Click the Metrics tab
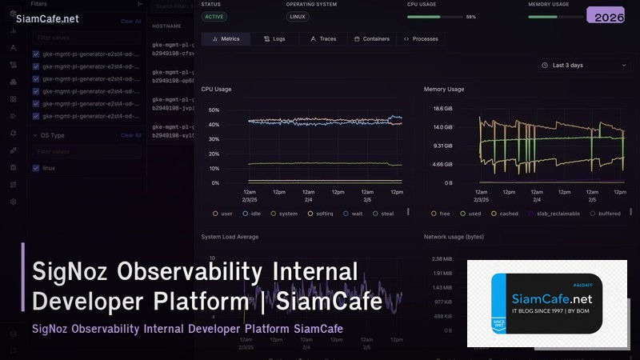tap(226, 38)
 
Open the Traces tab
tap(322, 38)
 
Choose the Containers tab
tap(371, 38)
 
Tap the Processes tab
tap(421, 38)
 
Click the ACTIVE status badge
tap(214, 16)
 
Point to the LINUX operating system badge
tap(297, 16)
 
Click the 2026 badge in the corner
tap(610, 17)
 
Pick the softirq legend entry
tap(321, 214)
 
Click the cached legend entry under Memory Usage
tap(505, 214)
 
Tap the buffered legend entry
tap(605, 214)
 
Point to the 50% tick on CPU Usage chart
tap(214, 110)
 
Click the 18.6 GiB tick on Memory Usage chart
tap(442, 108)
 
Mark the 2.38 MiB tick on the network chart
tap(442, 258)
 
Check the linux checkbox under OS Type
tap(36, 168)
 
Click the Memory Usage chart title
tap(444, 89)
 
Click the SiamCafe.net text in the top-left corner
tap(47, 18)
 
